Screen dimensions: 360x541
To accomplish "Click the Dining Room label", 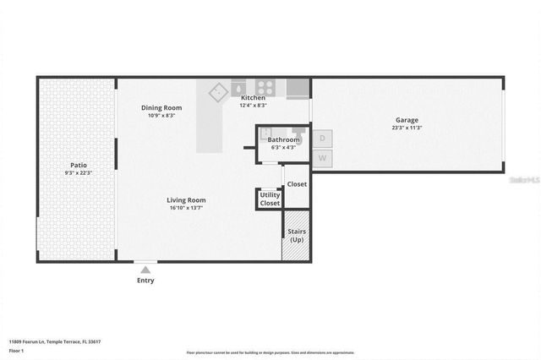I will [161, 107].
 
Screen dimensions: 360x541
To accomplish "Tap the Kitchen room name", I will [253, 98].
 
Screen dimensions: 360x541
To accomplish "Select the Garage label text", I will [407, 120].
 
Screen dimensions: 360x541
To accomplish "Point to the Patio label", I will [78, 165].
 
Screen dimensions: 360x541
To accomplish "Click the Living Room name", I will [186, 200].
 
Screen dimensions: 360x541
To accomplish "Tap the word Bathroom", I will [283, 139].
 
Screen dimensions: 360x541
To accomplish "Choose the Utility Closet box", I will [270, 199].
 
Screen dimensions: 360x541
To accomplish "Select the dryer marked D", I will [322, 138].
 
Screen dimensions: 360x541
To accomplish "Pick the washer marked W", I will [322, 158].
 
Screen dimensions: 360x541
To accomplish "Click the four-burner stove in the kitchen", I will [265, 86].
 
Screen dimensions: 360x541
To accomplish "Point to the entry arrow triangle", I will [145, 270].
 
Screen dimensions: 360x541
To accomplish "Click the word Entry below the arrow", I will [145, 281].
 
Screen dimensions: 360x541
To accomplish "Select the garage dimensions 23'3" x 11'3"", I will [407, 128].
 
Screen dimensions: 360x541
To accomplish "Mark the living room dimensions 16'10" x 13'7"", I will [186, 208].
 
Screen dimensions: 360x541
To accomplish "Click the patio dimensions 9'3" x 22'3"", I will [78, 173].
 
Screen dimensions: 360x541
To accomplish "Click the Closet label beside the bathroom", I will [297, 184].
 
